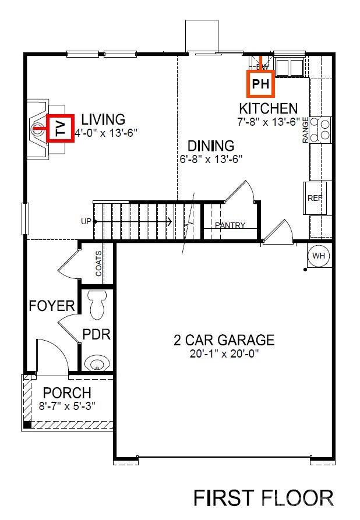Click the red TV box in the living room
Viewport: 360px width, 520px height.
point(61,128)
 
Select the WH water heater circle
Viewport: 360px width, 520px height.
point(319,256)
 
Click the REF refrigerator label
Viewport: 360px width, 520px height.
point(315,198)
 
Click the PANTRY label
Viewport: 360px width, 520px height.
point(230,226)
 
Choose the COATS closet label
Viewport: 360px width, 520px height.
point(99,264)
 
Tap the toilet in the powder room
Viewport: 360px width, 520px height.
point(97,306)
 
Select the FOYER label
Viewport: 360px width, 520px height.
point(52,306)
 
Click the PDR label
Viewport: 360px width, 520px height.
point(96,335)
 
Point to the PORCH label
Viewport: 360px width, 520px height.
point(67,393)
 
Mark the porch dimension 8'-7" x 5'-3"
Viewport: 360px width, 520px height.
point(67,405)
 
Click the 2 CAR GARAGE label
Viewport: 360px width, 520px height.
point(224,340)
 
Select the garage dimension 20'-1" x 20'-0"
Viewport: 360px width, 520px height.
point(224,353)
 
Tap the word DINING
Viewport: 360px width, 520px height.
point(210,146)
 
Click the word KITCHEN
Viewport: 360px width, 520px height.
point(269,109)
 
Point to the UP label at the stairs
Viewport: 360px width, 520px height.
point(86,222)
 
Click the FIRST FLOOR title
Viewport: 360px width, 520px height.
point(263,498)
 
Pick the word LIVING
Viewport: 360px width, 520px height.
point(103,120)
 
